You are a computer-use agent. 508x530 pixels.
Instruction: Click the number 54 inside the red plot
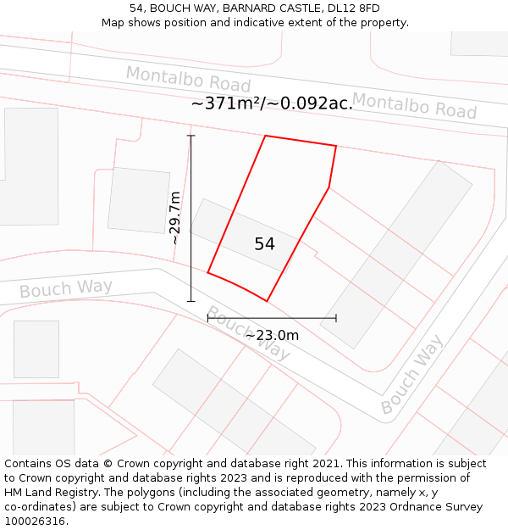[x=264, y=244]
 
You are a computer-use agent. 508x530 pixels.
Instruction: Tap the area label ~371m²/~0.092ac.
[x=272, y=103]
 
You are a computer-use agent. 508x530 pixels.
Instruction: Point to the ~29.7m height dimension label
[x=174, y=218]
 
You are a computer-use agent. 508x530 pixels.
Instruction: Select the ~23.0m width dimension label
[x=272, y=335]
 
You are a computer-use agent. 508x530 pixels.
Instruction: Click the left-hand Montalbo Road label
[x=188, y=79]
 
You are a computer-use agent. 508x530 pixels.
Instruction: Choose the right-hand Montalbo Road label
[x=414, y=105]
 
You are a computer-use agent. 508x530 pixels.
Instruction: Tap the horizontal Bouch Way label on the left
[x=65, y=288]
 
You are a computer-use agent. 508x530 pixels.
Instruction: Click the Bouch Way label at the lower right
[x=411, y=375]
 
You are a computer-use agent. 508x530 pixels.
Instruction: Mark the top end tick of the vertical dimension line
[x=190, y=136]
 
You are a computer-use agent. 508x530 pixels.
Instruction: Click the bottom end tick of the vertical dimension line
[x=190, y=301]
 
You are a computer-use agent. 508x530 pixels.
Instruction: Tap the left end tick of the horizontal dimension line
[x=207, y=318]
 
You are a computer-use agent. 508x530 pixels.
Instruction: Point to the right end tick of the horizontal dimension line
[x=336, y=318]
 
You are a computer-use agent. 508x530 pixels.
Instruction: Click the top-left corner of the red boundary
[x=266, y=136]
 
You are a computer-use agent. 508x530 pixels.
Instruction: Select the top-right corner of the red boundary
[x=336, y=146]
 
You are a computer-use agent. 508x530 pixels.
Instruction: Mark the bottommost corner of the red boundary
[x=268, y=301]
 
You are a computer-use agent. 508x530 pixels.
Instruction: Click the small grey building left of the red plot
[x=139, y=200]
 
